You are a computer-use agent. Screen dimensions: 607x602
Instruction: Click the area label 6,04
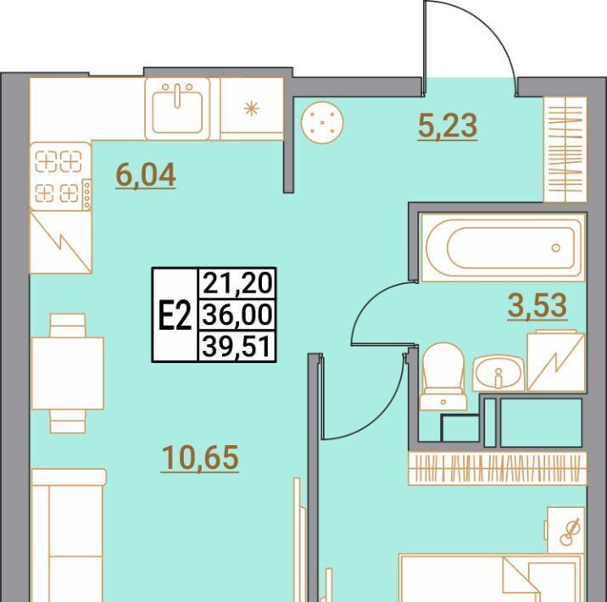click(x=146, y=176)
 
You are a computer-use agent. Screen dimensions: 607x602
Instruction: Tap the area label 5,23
click(x=448, y=126)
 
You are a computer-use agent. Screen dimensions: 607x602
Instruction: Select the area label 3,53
click(x=537, y=306)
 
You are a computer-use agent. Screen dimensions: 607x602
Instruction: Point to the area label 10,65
click(x=200, y=458)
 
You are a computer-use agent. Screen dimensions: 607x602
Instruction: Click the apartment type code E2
click(x=175, y=315)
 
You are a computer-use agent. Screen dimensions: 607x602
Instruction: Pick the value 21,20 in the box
click(x=237, y=283)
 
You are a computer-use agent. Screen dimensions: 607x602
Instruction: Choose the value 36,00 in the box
click(x=237, y=315)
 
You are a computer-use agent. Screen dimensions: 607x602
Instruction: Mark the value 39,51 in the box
click(x=237, y=346)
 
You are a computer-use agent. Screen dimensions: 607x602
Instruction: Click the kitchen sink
click(x=177, y=109)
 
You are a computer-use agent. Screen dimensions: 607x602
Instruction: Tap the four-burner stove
click(x=61, y=176)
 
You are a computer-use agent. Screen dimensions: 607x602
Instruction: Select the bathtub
click(x=504, y=248)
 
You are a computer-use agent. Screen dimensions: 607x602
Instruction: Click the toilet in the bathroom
click(x=443, y=376)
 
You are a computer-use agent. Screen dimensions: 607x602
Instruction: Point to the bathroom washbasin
click(x=498, y=373)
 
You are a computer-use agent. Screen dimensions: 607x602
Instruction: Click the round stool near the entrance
click(x=322, y=123)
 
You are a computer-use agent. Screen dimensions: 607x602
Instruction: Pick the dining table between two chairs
click(x=68, y=373)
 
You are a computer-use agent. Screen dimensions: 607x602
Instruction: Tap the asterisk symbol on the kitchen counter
click(x=251, y=109)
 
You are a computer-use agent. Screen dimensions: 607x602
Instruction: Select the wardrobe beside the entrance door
click(x=565, y=149)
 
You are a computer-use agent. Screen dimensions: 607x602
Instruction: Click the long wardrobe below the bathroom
click(x=498, y=468)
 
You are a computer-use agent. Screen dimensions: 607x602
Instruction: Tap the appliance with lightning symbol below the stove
click(x=61, y=242)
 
